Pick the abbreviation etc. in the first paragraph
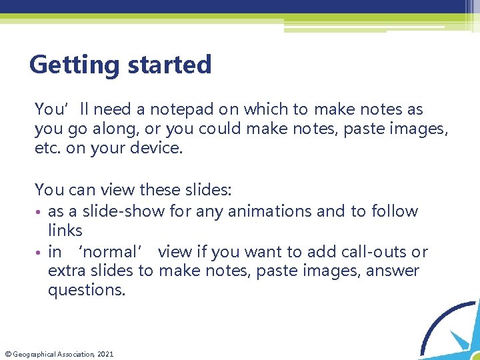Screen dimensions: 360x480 click(46, 148)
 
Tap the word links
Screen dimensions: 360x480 click(65, 231)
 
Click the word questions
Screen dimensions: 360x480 click(86, 291)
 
